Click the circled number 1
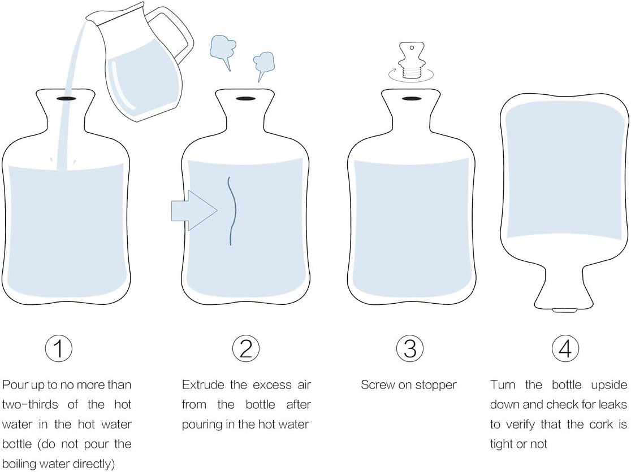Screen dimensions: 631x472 click(x=58, y=348)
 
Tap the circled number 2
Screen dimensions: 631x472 click(x=246, y=348)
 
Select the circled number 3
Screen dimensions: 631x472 click(x=410, y=348)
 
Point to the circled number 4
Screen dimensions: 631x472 click(x=565, y=348)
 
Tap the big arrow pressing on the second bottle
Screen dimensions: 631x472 click(x=194, y=210)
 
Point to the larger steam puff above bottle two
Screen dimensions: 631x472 click(x=223, y=51)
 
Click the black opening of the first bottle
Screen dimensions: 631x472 click(x=66, y=98)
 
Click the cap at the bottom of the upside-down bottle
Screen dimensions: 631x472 click(x=564, y=310)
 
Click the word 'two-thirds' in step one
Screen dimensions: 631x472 click(x=30, y=404)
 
